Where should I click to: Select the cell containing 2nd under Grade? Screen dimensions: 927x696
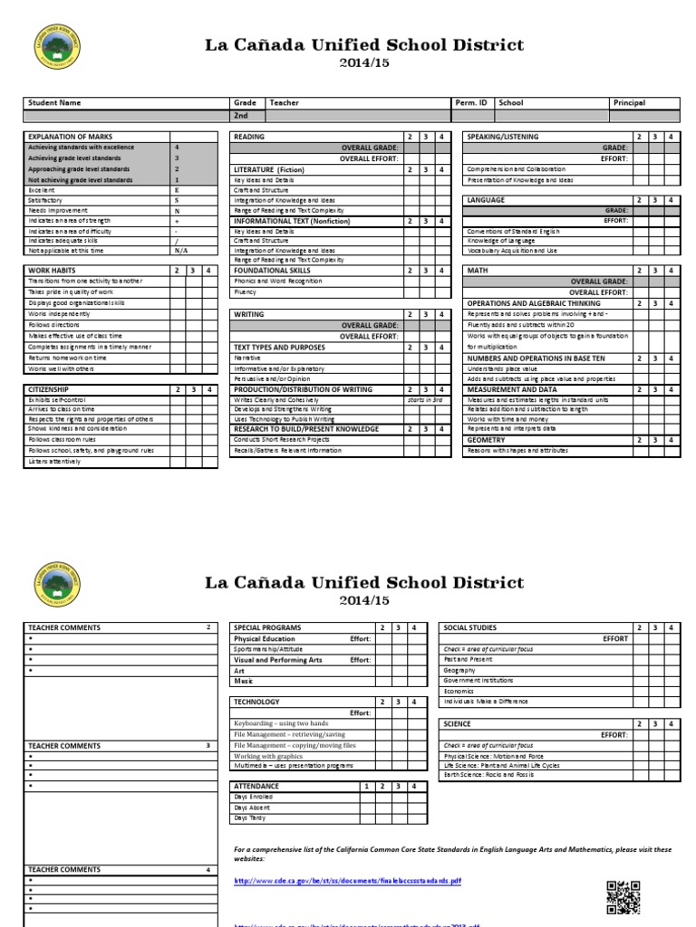pyautogui.click(x=242, y=117)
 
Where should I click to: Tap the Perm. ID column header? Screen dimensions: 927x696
pyautogui.click(x=469, y=103)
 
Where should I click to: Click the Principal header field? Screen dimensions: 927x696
pyautogui.click(x=629, y=103)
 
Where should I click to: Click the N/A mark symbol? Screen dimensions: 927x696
pyautogui.click(x=180, y=251)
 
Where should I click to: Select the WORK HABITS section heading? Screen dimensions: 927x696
pyautogui.click(x=53, y=271)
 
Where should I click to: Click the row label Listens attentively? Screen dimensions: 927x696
pyautogui.click(x=55, y=462)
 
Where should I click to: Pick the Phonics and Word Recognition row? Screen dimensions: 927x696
pyautogui.click(x=277, y=282)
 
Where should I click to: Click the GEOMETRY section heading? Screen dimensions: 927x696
pyautogui.click(x=486, y=440)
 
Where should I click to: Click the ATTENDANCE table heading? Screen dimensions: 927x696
pyautogui.click(x=256, y=787)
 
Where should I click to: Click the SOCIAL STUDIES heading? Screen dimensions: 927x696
pyautogui.click(x=474, y=627)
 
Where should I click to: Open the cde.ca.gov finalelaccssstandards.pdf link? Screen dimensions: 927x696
pyautogui.click(x=348, y=880)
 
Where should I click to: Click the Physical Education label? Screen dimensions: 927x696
pyautogui.click(x=265, y=638)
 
